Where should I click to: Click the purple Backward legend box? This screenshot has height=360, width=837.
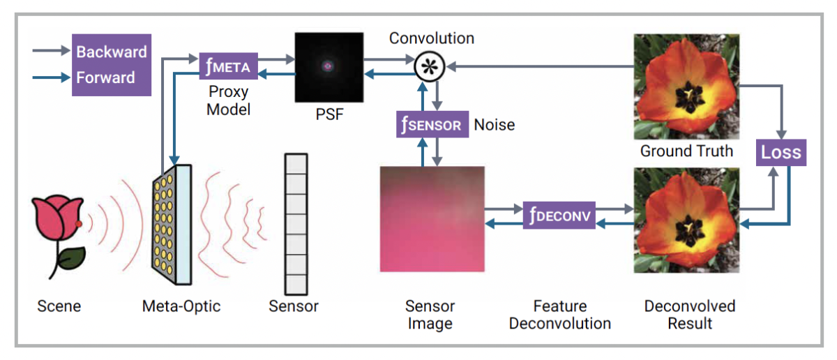point(112,52)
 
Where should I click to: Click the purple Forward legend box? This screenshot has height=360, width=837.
point(112,77)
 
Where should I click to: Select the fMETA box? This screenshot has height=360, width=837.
point(229,67)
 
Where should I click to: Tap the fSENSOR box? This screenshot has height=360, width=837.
point(431,125)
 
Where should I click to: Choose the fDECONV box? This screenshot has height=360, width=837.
point(559,216)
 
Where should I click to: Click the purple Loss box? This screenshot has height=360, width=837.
point(782,152)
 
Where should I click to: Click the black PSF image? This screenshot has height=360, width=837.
point(329,68)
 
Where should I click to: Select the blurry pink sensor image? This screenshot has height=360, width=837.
point(432,218)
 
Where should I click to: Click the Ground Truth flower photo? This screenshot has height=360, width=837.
point(686,87)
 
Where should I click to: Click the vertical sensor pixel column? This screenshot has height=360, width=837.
point(296,224)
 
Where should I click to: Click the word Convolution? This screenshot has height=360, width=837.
point(431,38)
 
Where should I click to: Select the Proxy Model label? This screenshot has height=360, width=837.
point(228,101)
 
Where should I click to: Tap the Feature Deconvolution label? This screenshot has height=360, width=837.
point(559,315)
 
